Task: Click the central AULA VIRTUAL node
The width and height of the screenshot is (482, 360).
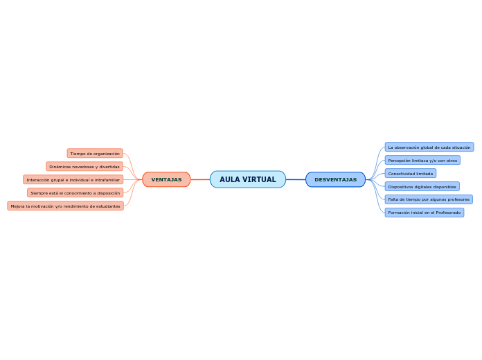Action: (x=248, y=179)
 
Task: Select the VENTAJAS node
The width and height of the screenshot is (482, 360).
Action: (x=166, y=179)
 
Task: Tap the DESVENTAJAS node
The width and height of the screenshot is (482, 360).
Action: (x=335, y=179)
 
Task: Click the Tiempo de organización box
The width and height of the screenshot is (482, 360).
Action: (x=95, y=153)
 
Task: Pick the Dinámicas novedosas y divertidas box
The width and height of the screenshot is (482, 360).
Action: (x=84, y=166)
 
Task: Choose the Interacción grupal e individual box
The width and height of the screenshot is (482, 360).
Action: (x=73, y=179)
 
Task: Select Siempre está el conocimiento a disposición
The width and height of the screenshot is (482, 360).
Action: (x=75, y=192)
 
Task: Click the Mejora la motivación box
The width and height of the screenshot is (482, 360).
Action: (x=65, y=206)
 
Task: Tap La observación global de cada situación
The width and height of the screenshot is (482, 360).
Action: (x=429, y=147)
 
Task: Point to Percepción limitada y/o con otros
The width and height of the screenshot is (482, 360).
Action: (x=422, y=160)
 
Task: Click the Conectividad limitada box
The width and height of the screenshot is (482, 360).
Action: (x=411, y=173)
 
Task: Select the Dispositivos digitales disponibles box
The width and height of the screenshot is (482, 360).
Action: (x=422, y=186)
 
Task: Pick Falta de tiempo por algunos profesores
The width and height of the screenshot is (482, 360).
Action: (x=429, y=199)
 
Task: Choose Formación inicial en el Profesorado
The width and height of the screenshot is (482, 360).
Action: (x=424, y=213)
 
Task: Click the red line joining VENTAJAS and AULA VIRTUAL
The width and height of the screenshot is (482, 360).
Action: (x=200, y=179)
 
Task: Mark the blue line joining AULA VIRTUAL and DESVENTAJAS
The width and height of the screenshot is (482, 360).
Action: (x=296, y=179)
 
